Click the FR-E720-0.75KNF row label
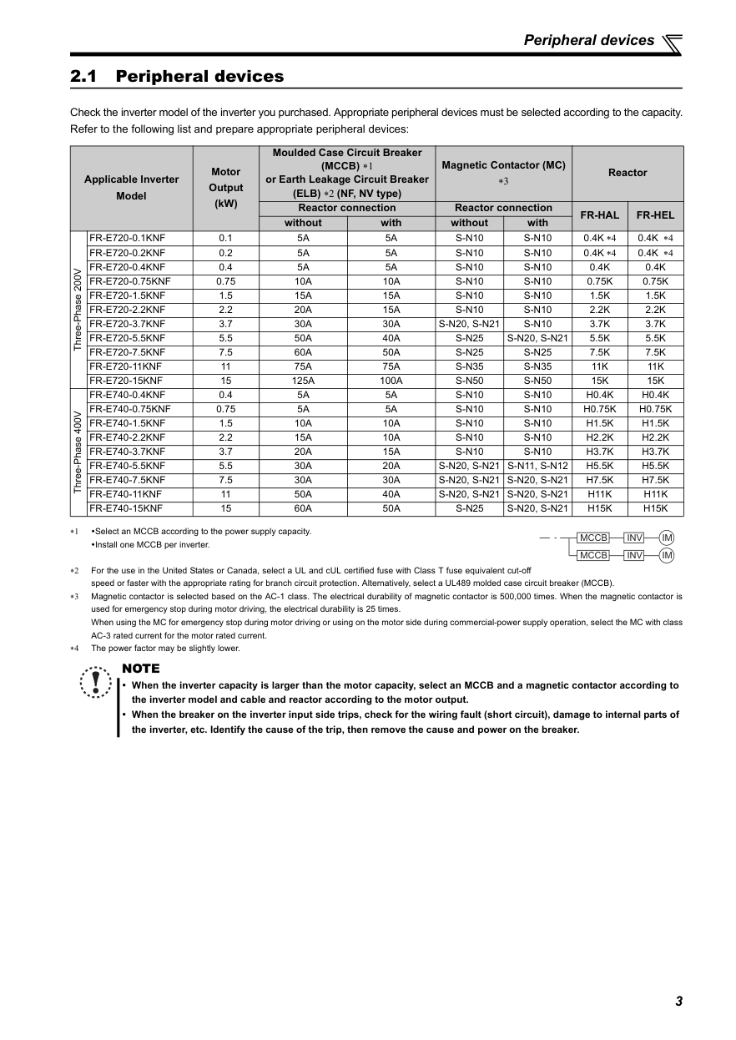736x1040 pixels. pos(129,281)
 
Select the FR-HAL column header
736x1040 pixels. pos(599,215)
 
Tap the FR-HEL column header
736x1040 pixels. pos(655,215)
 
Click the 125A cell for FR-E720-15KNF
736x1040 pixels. pos(303,381)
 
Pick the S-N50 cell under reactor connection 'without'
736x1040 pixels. pos(469,381)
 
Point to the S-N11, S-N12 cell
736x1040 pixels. pos(537,466)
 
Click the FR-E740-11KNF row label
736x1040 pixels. pos(125,494)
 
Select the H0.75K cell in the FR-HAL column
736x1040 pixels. pos(599,409)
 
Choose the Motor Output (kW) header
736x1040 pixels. pos(226,188)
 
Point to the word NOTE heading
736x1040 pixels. pos(140,669)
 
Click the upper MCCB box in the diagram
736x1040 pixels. pos(593,538)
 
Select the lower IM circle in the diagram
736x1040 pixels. pos(667,555)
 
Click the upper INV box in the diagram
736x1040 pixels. pos(634,538)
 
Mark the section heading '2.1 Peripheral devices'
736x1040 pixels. pos(177,77)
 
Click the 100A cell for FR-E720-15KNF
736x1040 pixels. pos(391,381)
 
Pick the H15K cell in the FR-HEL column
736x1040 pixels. pos(655,508)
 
